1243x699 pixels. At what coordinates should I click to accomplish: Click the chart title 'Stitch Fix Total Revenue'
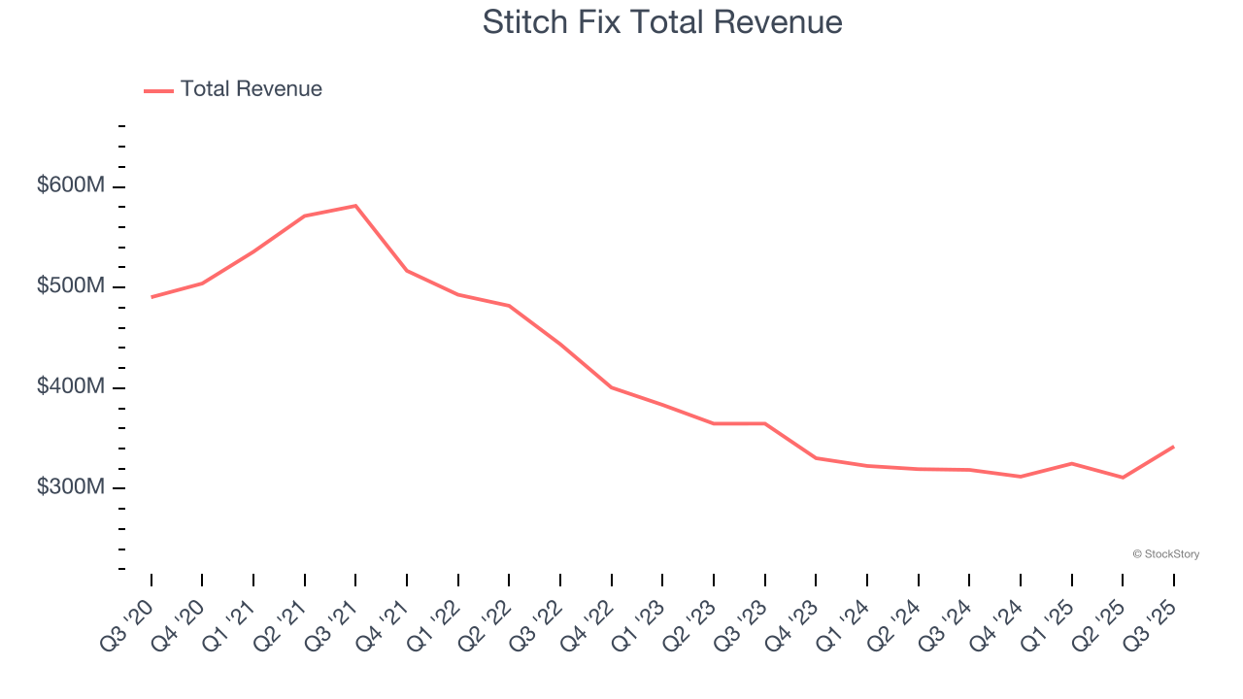662,22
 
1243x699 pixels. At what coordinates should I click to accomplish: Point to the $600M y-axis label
70,185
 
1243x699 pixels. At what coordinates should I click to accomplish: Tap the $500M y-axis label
70,286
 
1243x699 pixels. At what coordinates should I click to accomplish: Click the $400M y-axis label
70,386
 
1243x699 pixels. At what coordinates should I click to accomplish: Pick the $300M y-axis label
70,486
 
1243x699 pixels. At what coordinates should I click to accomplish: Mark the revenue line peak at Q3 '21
355,206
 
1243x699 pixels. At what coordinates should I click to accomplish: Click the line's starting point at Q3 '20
151,297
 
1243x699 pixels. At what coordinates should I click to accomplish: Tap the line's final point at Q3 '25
1173,447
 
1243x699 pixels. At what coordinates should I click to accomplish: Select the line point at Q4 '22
611,387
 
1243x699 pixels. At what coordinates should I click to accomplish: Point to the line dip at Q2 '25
1123,478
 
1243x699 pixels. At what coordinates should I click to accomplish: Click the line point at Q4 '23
816,458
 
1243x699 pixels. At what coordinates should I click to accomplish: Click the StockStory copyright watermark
1165,554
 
